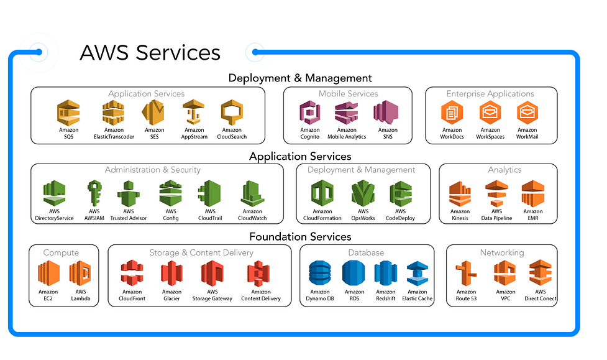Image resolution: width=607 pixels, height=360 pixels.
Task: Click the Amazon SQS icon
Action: coord(68,113)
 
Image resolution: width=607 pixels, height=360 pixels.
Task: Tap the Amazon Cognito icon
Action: coord(309,113)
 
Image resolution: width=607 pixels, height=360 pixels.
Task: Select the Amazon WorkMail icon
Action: coord(527,113)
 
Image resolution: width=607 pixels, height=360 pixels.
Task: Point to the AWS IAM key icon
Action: coord(94,193)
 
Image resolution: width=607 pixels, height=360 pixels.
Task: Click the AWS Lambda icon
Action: coord(80,273)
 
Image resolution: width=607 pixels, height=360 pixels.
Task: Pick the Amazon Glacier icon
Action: coord(171,273)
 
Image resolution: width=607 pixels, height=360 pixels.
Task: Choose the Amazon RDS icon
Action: coord(354,273)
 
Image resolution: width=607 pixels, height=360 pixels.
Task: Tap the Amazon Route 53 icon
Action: coord(466,273)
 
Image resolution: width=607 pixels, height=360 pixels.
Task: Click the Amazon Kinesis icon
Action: coord(460,194)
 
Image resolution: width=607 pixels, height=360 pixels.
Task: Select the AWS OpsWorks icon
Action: coord(363,193)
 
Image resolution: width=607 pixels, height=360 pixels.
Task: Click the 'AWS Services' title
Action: coord(150,53)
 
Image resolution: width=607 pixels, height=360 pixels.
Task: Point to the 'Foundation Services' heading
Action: coord(300,236)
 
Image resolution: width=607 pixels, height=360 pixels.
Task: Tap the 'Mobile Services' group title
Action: coord(348,94)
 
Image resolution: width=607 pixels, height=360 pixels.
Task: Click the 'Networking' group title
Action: coord(502,252)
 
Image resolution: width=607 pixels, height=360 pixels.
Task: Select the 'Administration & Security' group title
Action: coord(152,170)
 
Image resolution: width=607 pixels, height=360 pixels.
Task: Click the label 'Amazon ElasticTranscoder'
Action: coord(114,133)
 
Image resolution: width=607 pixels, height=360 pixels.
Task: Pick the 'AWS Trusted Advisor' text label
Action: coord(129,215)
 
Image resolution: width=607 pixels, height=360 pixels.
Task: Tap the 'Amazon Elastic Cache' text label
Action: coord(418,295)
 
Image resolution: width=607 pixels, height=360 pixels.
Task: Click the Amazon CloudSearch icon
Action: coord(232,113)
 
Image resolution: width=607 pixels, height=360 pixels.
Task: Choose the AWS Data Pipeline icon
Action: coord(496,193)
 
